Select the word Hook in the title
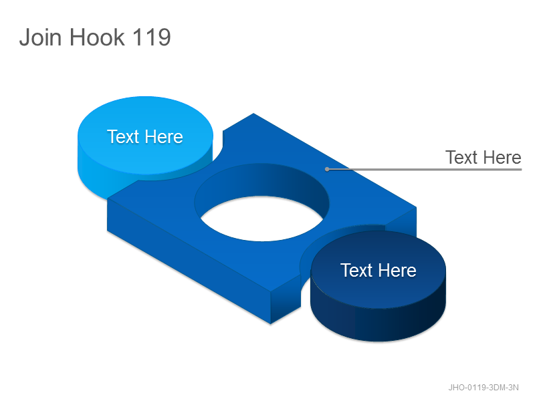pos(97,37)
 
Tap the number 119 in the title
pos(151,37)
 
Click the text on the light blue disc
pos(145,137)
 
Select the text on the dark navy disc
pos(378,271)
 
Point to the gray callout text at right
pos(483,158)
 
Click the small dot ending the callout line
pos(327,169)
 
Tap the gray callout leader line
pos(424,169)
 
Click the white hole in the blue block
pos(261,219)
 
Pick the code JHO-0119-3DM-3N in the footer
pos(483,388)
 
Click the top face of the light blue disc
pos(145,136)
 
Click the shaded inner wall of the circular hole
pos(261,180)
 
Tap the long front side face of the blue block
pos(189,260)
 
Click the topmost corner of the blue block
pos(253,114)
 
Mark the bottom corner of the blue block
pos(271,323)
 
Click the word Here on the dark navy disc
pos(397,271)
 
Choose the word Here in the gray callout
pos(503,158)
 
